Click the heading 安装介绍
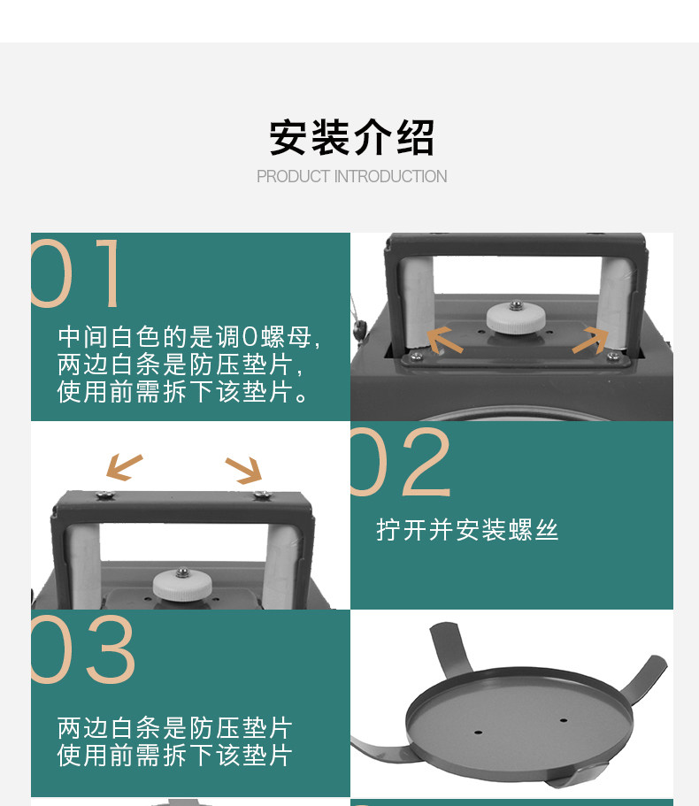(351, 137)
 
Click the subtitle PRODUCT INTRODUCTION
(351, 176)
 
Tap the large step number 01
(75, 273)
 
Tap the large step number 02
(401, 462)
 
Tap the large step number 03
(83, 649)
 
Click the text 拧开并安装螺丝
(467, 530)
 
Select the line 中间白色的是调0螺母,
(189, 337)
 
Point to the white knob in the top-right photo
(516, 317)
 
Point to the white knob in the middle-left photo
(182, 585)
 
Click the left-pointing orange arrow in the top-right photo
(444, 340)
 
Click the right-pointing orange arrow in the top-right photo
(590, 340)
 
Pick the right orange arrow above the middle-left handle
(244, 470)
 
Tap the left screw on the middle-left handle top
(107, 495)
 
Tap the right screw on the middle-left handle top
(261, 495)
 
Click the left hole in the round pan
(478, 732)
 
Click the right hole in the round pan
(564, 721)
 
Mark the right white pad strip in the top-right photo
(614, 304)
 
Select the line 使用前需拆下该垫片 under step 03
(175, 755)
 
